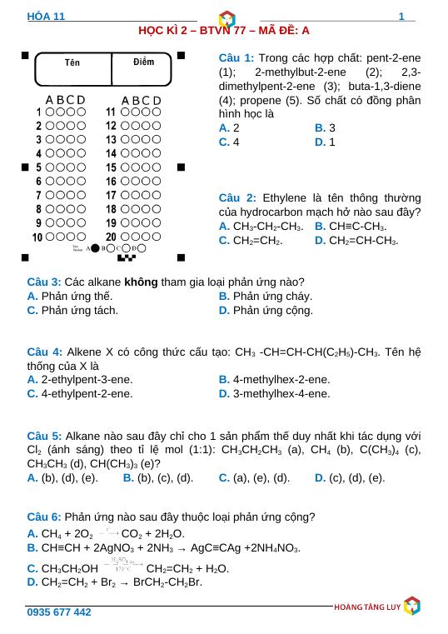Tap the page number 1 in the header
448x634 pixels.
point(401,17)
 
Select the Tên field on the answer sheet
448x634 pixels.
point(73,63)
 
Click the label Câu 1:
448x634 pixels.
point(236,58)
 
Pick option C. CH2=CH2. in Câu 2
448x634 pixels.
point(250,241)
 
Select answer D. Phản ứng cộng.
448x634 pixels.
point(266,311)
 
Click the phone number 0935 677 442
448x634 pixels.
point(59,612)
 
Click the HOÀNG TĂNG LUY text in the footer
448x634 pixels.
point(366,607)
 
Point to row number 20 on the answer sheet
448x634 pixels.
point(111,237)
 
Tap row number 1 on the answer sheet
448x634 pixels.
point(39,111)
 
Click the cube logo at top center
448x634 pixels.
point(225,17)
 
